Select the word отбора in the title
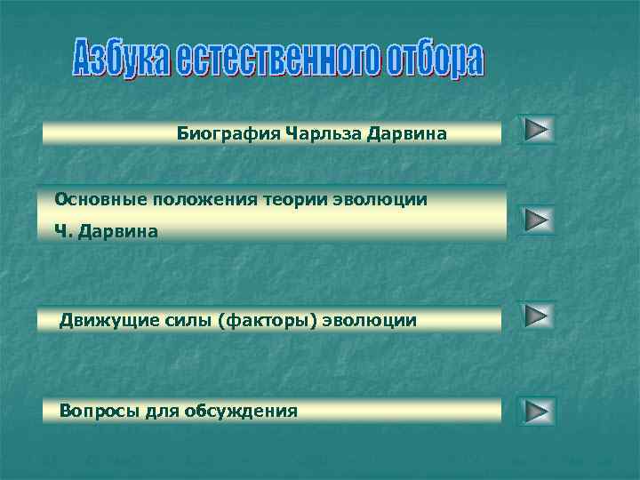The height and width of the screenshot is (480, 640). tap(436, 61)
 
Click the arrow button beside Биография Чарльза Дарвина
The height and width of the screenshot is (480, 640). tap(536, 130)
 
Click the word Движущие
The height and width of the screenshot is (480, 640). tap(100, 319)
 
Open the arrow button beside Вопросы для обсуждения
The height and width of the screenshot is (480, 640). tap(536, 411)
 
